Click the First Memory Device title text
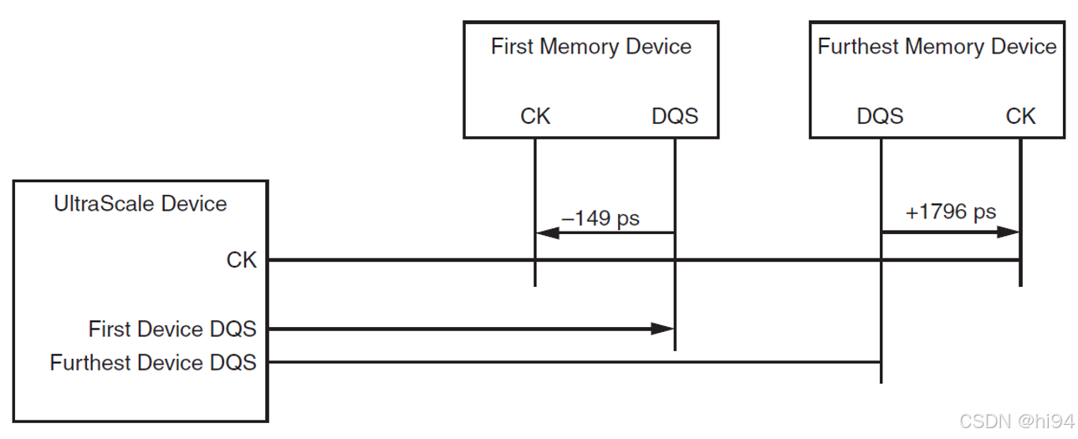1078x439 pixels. point(590,47)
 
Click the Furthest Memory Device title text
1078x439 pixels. point(937,47)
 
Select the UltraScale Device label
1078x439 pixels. point(140,203)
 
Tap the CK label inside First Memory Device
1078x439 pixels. point(535,116)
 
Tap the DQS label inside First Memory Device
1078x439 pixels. point(674,116)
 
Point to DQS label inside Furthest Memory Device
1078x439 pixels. point(880,116)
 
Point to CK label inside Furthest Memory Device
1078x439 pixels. point(1020,116)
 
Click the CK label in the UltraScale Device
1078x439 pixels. point(242,260)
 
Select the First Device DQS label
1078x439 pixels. point(172,329)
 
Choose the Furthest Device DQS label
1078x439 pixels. point(153,363)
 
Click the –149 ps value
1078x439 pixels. point(600,219)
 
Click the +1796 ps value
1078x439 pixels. point(951,212)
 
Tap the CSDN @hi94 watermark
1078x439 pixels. point(1015,421)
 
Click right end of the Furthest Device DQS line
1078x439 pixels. point(879,363)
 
